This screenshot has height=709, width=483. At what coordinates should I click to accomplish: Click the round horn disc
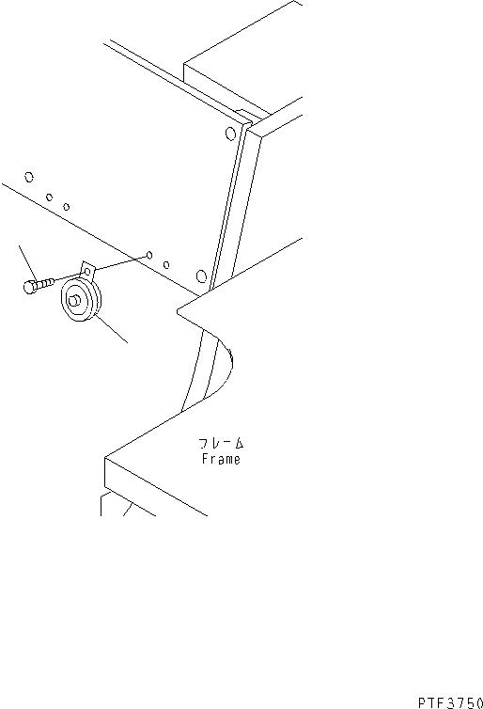tap(81, 300)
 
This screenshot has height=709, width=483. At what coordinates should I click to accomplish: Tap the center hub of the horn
tap(74, 300)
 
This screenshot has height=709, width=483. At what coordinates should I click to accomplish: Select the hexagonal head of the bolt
tap(29, 287)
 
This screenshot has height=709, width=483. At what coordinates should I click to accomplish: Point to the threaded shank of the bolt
tap(44, 283)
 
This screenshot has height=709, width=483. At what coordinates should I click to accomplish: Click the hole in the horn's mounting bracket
tap(86, 272)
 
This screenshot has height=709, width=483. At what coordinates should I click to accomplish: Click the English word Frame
tap(221, 459)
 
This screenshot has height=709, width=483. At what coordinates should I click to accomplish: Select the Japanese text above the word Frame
tap(221, 443)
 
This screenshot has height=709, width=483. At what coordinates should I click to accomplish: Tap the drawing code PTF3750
tap(450, 702)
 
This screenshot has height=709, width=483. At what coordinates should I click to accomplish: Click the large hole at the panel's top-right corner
tap(230, 134)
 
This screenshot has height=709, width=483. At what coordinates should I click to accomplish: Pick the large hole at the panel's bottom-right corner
tap(201, 276)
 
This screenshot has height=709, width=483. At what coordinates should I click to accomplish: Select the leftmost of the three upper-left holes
tap(29, 177)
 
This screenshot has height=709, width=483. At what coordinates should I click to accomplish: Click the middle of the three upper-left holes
tap(49, 197)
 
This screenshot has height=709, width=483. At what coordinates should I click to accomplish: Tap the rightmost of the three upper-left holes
tap(67, 207)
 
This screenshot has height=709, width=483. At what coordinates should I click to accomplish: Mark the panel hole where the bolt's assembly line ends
tap(149, 256)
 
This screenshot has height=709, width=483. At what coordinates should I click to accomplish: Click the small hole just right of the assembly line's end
tap(166, 264)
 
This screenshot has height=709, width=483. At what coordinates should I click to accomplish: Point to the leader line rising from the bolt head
tap(26, 263)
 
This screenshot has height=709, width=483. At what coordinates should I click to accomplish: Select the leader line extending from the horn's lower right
tap(110, 329)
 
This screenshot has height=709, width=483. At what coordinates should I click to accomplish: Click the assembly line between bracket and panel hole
tap(121, 263)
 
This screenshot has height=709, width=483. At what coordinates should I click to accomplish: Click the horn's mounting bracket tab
tap(87, 271)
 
